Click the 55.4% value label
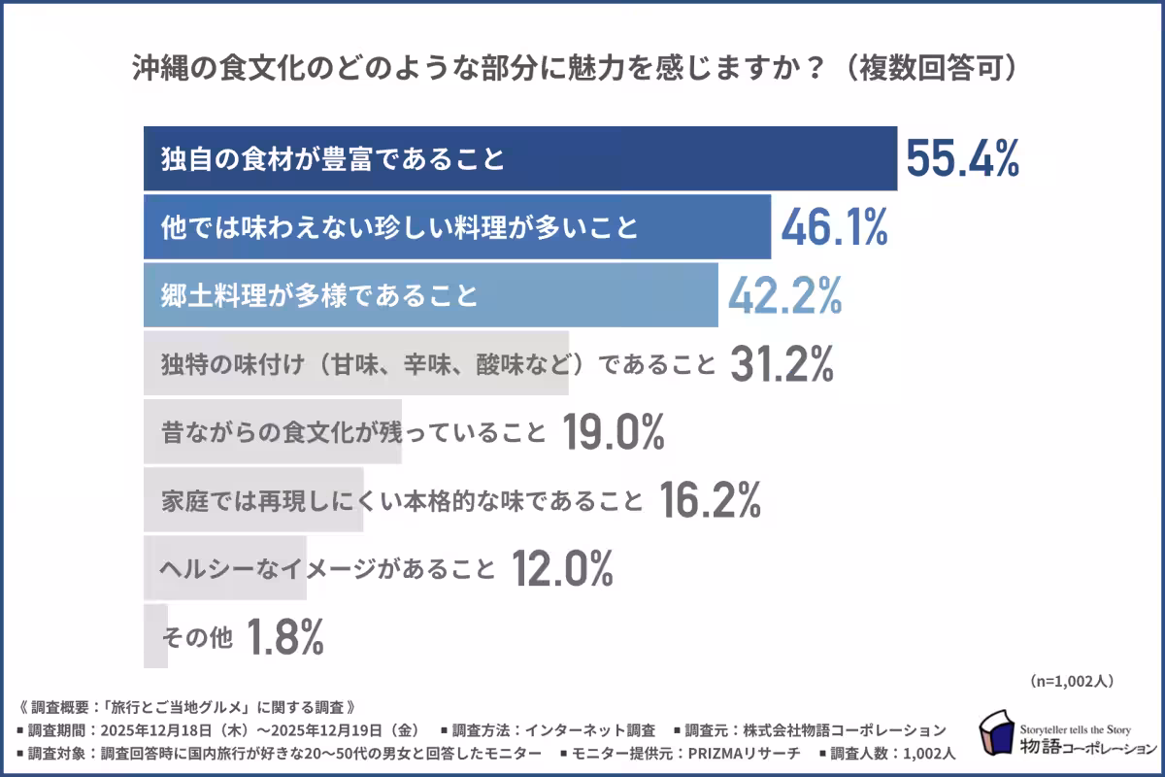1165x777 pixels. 962,158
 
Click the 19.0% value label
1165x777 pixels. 613,432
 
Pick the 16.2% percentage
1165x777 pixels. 710,500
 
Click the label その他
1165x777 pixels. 196,638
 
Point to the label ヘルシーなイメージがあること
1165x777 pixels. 328,569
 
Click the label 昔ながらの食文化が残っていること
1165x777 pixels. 353,433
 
